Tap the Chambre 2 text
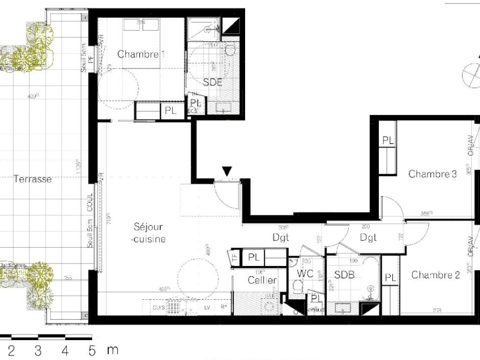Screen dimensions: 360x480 pyautogui.click(x=436, y=275)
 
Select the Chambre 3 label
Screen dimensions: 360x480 pyautogui.click(x=433, y=174)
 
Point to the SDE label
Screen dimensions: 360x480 pyautogui.click(x=212, y=82)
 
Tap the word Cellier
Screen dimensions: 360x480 pyautogui.click(x=262, y=280)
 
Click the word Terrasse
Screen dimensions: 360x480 pyautogui.click(x=32, y=179)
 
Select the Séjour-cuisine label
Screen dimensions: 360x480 pyautogui.click(x=149, y=232)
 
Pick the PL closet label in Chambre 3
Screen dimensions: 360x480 pyautogui.click(x=388, y=140)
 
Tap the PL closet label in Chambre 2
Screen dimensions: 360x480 pyautogui.click(x=390, y=278)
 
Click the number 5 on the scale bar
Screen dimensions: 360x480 pyautogui.click(x=92, y=350)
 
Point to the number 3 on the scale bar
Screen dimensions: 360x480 pyautogui.click(x=38, y=350)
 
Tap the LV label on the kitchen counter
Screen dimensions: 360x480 pyautogui.click(x=207, y=307)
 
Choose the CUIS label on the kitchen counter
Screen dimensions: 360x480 pyautogui.click(x=157, y=307)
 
